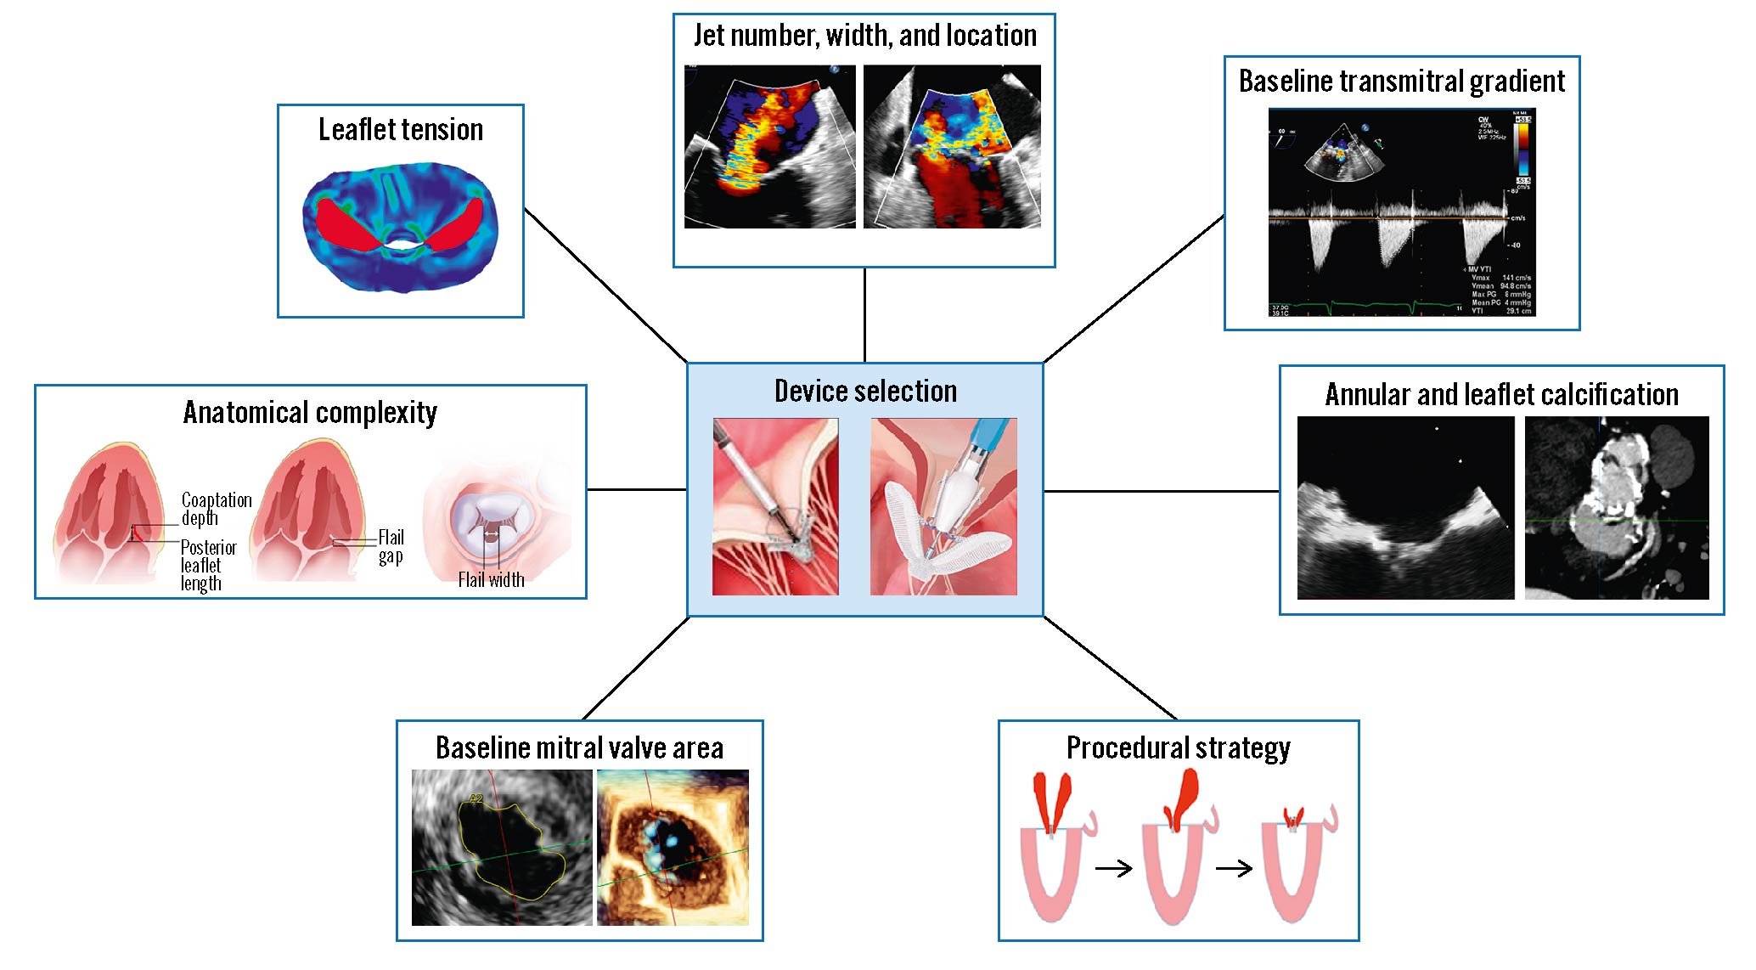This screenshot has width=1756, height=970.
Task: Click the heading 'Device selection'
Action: pos(865,391)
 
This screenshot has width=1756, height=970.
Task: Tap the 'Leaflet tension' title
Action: pos(401,129)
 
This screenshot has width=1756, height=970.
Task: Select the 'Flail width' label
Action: pos(491,580)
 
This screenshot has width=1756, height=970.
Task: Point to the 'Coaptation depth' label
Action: pos(216,509)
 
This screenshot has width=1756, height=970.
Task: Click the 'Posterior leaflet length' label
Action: pos(207,565)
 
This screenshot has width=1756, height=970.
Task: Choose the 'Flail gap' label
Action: pos(391,547)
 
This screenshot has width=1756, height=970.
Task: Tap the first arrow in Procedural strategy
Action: pos(1113,868)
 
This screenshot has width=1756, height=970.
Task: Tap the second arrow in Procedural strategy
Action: pos(1234,868)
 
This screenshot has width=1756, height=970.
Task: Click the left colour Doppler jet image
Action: pos(769,146)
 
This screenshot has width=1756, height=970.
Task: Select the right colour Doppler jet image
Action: pos(952,146)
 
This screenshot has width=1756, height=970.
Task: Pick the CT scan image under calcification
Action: pos(1616,508)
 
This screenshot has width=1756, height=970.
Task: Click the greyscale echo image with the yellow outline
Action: pos(502,847)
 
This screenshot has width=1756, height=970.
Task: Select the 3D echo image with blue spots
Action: pos(673,847)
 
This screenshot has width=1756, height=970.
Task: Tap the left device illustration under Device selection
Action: pos(775,506)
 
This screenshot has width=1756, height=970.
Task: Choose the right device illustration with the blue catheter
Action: pos(943,506)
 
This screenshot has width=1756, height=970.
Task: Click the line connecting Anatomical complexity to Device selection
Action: pos(637,489)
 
